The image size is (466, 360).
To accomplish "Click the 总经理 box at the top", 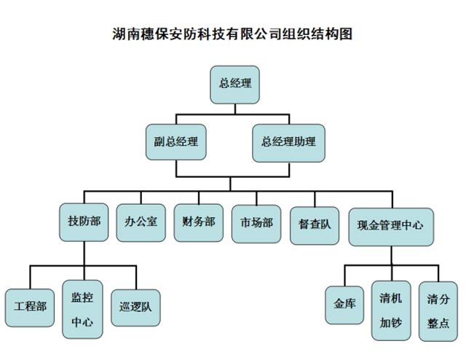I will pos(234,82).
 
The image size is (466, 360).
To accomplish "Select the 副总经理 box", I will pos(175,141).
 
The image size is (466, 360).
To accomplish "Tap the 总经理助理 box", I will pos(288,141).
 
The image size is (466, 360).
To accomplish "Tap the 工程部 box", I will pos(29,307).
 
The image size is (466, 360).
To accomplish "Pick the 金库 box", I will pos(344,302).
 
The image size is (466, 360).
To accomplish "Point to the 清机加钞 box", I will pos(390,310).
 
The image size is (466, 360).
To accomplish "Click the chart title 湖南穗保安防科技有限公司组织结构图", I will pos(233,34).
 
